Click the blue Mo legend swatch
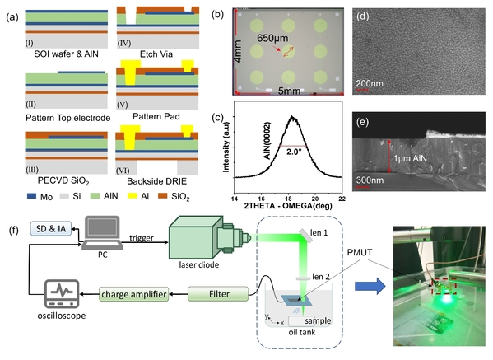(x=32, y=196)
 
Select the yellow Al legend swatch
(x=133, y=196)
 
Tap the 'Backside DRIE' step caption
(x=156, y=181)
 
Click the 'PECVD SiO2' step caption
(x=63, y=181)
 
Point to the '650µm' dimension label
(x=272, y=38)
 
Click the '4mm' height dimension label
(x=238, y=51)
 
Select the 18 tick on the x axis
(x=288, y=199)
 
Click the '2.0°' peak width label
(x=294, y=152)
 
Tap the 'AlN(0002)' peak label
(x=267, y=141)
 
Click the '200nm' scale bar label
(x=370, y=83)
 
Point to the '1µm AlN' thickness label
(x=411, y=158)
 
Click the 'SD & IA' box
(x=51, y=228)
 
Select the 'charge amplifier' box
(x=133, y=294)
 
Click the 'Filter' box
(x=219, y=294)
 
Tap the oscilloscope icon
(x=62, y=294)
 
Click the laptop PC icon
(x=103, y=233)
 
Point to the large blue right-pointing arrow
(x=370, y=286)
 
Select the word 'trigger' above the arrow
(x=142, y=238)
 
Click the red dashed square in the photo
(x=444, y=286)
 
